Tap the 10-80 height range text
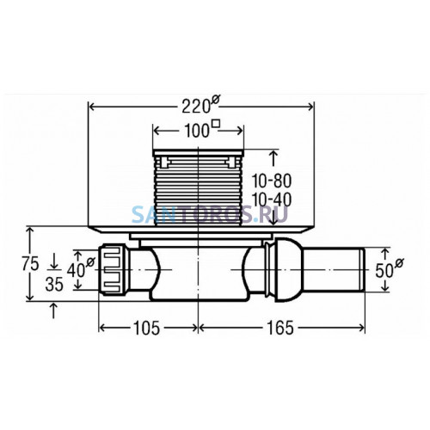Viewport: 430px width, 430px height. click(272, 181)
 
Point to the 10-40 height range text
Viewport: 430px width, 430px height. click(272, 200)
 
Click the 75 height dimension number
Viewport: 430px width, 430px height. click(30, 264)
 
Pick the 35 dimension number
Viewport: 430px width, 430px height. click(54, 285)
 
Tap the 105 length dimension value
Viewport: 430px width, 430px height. click(147, 328)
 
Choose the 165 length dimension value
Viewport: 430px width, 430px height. click(280, 328)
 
